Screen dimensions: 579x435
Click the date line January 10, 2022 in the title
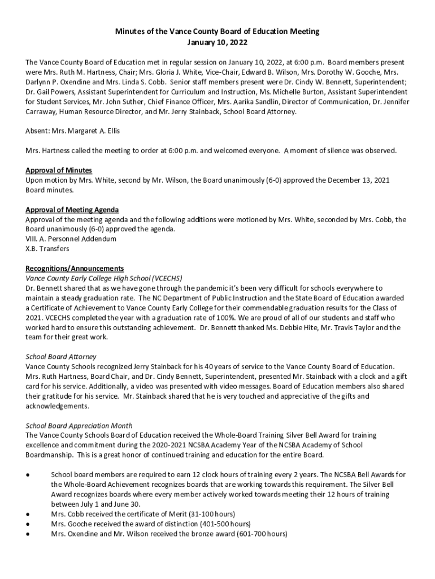pyautogui.click(x=217, y=42)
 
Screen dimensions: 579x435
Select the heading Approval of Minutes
pyautogui.click(x=59, y=170)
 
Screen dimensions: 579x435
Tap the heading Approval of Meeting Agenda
pyautogui.click(x=72, y=210)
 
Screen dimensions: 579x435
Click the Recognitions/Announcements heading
pyautogui.click(x=75, y=268)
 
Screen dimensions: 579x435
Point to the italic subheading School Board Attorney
pyautogui.click(x=61, y=357)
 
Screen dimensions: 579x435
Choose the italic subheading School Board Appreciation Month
pyautogui.click(x=79, y=425)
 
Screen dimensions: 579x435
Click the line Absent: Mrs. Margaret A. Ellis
pyautogui.click(x=73, y=131)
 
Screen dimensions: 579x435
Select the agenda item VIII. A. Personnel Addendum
pyautogui.click(x=71, y=239)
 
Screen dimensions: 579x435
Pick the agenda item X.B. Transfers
pyautogui.click(x=47, y=249)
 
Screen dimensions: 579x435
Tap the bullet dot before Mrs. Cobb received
pyautogui.click(x=28, y=514)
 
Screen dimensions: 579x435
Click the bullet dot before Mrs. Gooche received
pyautogui.click(x=28, y=524)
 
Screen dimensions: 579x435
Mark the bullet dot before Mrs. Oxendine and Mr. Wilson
pyautogui.click(x=28, y=534)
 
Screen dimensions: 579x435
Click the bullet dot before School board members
pyautogui.click(x=28, y=474)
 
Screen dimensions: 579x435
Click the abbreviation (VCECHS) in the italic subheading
pyautogui.click(x=163, y=278)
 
